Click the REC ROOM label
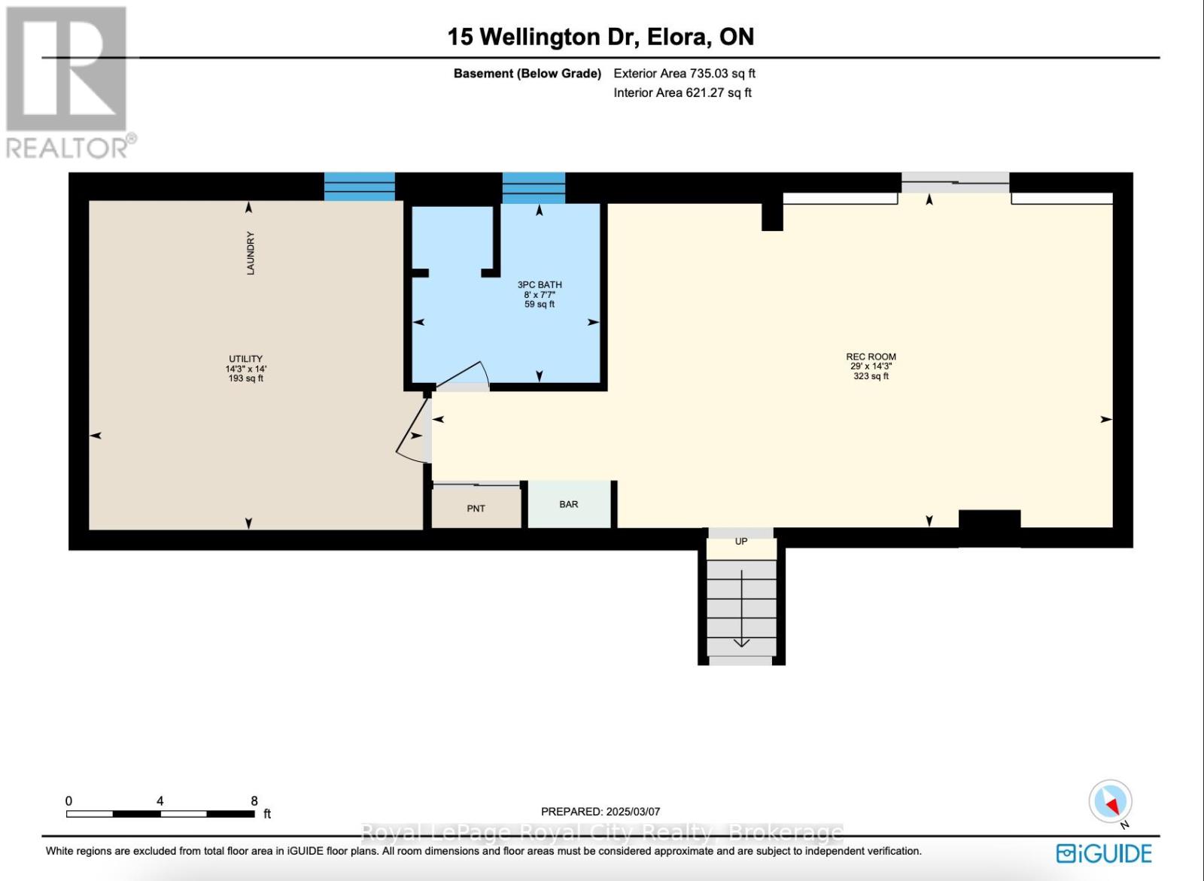click(871, 357)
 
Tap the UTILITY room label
click(245, 359)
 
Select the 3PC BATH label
click(540, 285)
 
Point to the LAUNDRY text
click(251, 254)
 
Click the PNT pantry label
click(476, 509)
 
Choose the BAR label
click(569, 504)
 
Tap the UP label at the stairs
click(741, 541)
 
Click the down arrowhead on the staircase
click(741, 643)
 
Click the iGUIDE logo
click(1104, 854)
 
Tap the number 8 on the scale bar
click(254, 801)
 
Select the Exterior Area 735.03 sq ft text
click(684, 73)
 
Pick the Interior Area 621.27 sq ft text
click(683, 93)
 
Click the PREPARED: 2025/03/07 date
click(600, 812)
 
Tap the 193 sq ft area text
click(245, 378)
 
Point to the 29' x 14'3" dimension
click(871, 366)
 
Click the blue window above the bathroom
click(534, 187)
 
